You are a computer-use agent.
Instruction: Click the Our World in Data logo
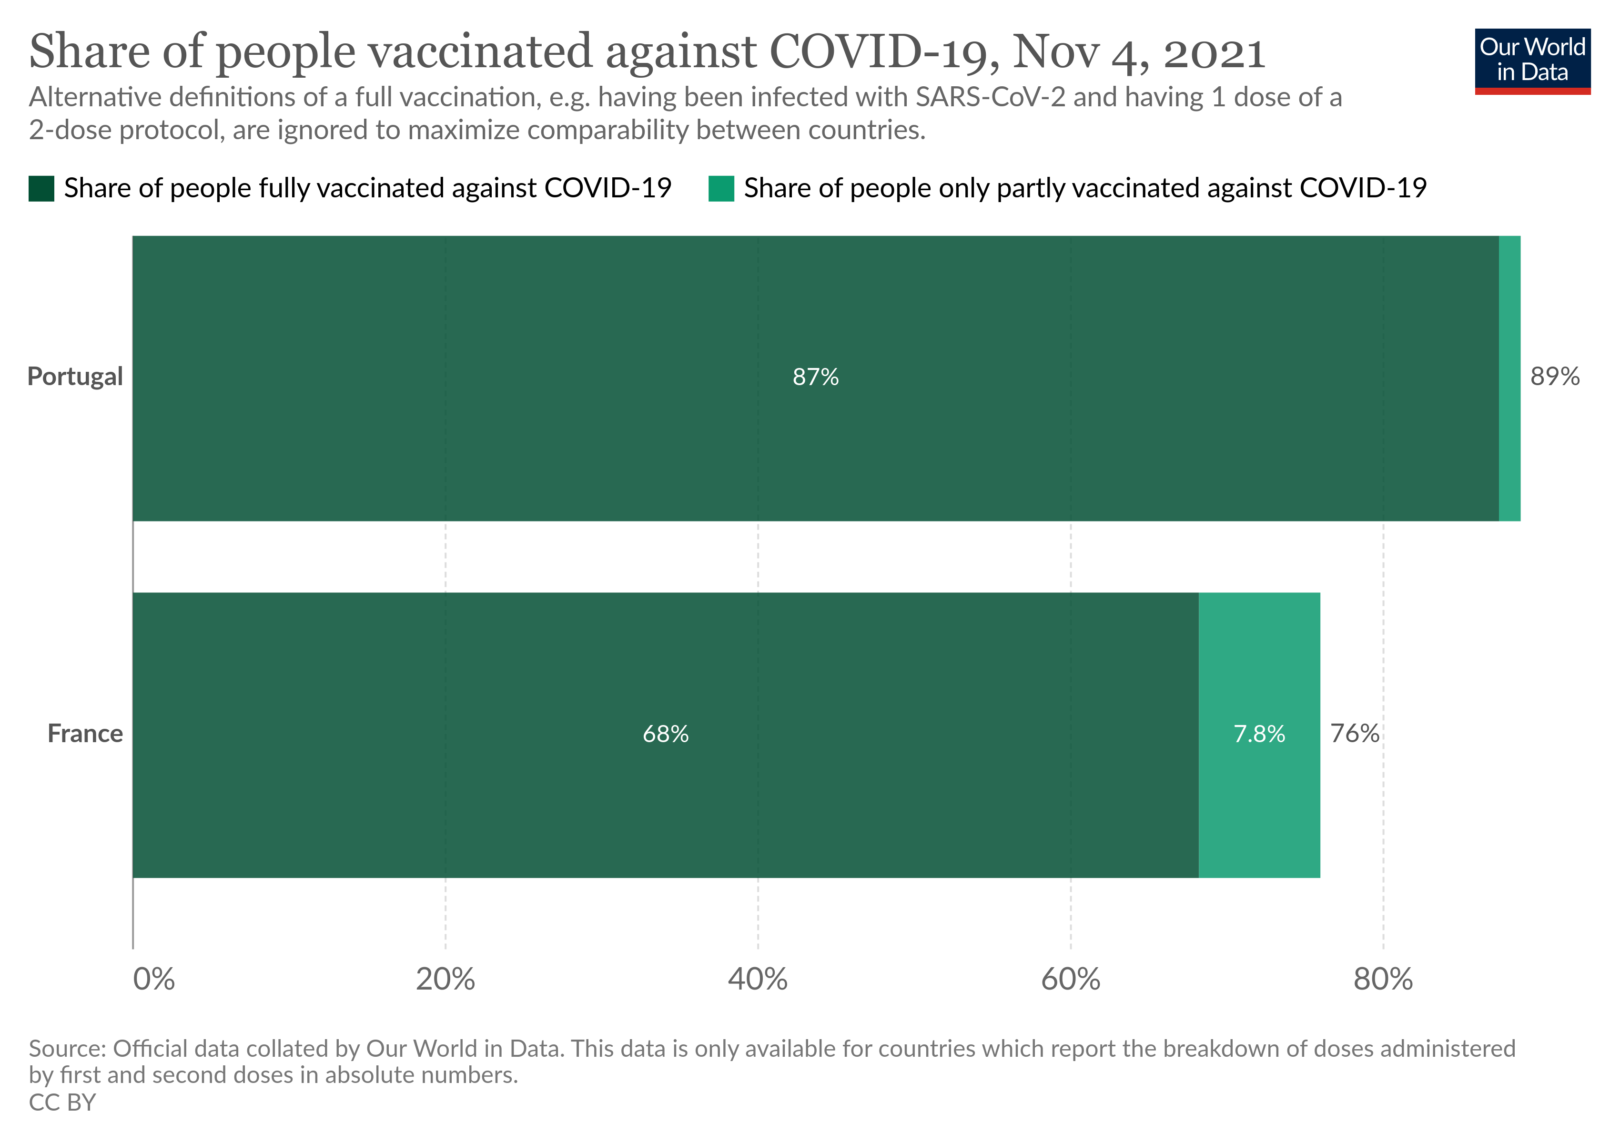[x=1532, y=61]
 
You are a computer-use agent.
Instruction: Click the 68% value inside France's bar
[x=665, y=734]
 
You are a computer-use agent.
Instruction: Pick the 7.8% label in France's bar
[x=1259, y=734]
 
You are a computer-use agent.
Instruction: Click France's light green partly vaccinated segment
[x=1259, y=812]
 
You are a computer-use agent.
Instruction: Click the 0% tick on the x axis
[x=154, y=979]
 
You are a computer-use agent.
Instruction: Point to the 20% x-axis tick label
[x=445, y=979]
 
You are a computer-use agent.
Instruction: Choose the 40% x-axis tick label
[x=758, y=979]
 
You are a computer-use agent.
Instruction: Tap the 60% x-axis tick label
[x=1070, y=979]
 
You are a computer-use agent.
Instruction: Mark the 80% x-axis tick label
[x=1383, y=979]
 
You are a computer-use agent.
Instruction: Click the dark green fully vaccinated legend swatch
[x=41, y=188]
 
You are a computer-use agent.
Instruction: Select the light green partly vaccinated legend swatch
[x=721, y=188]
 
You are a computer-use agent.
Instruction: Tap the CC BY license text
[x=62, y=1103]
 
